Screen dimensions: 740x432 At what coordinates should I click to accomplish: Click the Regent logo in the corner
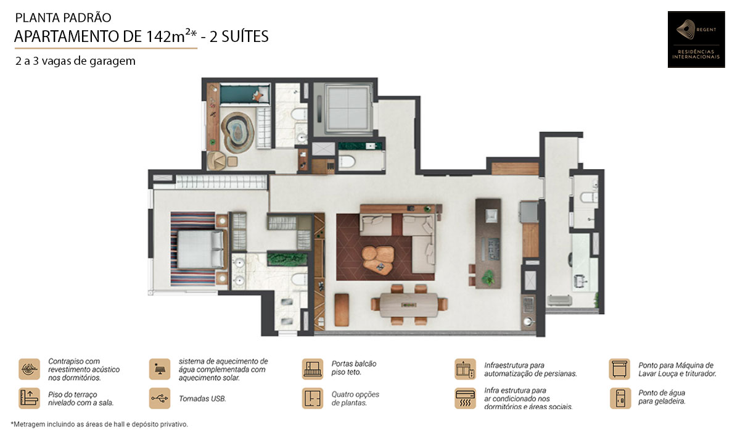pyautogui.click(x=696, y=39)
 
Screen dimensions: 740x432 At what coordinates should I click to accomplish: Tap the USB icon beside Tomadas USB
pyautogui.click(x=160, y=398)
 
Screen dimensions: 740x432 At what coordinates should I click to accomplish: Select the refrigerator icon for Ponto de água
pyautogui.click(x=620, y=398)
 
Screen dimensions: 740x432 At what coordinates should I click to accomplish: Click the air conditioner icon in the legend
pyautogui.click(x=465, y=398)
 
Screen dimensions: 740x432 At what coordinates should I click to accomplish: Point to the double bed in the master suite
pyautogui.click(x=200, y=249)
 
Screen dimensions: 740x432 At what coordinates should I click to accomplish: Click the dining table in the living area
pyautogui.click(x=409, y=305)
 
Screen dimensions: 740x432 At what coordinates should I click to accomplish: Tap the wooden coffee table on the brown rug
pyautogui.click(x=378, y=260)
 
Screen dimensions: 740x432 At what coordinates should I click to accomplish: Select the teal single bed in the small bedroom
pyautogui.click(x=245, y=94)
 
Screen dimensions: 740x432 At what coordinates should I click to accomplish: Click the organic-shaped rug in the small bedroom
pyautogui.click(x=237, y=132)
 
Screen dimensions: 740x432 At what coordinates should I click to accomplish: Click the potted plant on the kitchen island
pyautogui.click(x=488, y=277)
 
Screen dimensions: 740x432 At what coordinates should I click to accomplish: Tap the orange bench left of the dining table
pyautogui.click(x=342, y=310)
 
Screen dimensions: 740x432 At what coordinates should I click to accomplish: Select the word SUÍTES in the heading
pyautogui.click(x=245, y=36)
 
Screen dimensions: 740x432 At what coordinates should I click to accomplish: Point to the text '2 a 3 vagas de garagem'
pyautogui.click(x=75, y=61)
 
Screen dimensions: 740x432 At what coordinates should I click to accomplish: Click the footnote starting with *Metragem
pyautogui.click(x=99, y=424)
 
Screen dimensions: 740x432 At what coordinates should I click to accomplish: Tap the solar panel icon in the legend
pyautogui.click(x=160, y=369)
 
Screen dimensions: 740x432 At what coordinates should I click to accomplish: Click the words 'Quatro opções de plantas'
pyautogui.click(x=355, y=398)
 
